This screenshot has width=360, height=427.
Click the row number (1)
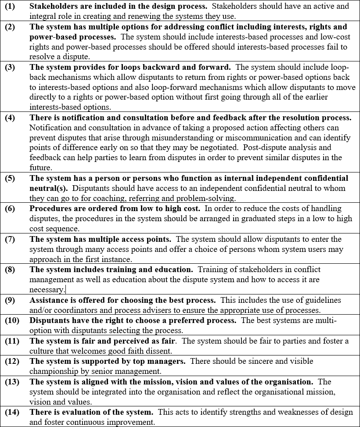10,6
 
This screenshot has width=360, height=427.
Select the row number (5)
10,178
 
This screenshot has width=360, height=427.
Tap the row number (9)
10,300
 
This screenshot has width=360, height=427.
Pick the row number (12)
11,361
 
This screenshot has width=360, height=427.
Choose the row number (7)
10,239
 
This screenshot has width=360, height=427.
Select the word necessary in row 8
47,290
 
